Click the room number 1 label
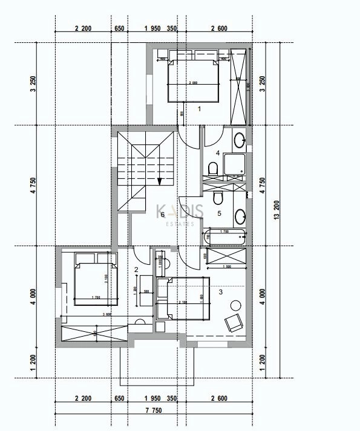tap(200, 109)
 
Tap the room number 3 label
tap(221, 292)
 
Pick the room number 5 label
tap(219, 213)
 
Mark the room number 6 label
tap(162, 215)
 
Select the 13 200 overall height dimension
tap(278, 215)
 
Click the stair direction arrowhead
tap(160, 180)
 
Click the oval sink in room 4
tap(239, 140)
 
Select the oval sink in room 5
tap(240, 216)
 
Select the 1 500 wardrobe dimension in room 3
tap(227, 267)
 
